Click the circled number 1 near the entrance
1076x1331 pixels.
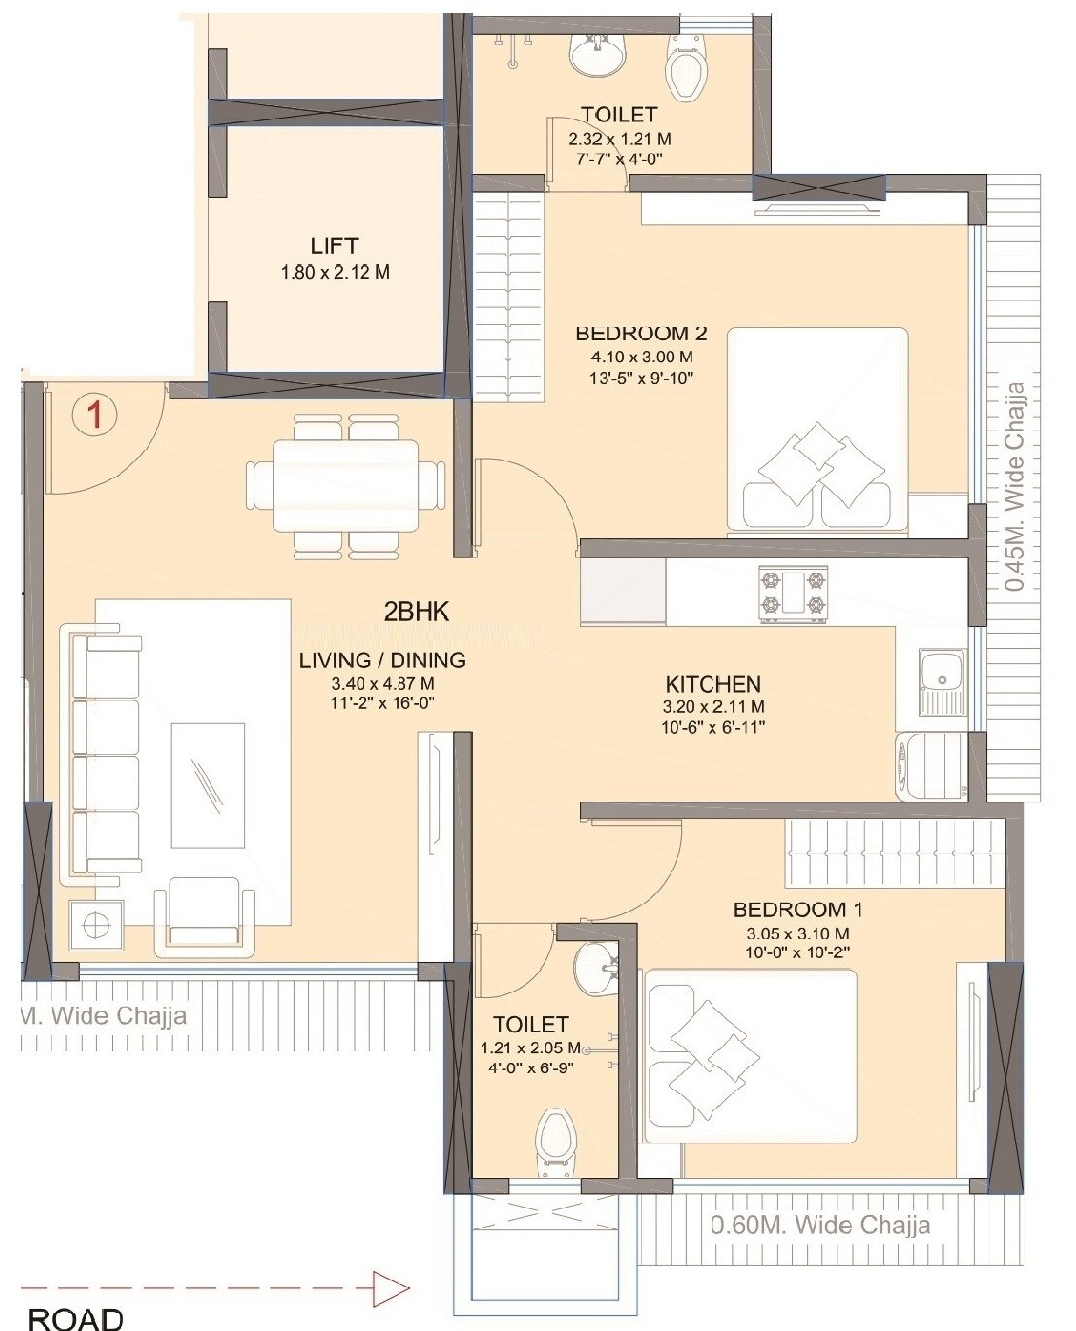(94, 415)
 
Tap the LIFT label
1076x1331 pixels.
(333, 246)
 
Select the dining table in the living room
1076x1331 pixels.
(347, 486)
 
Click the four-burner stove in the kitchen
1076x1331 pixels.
(793, 595)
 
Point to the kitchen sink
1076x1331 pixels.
(940, 671)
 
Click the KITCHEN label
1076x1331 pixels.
(712, 684)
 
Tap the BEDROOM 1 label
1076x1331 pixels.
(797, 910)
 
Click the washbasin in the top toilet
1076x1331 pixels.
(596, 52)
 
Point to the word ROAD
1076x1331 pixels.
(76, 1318)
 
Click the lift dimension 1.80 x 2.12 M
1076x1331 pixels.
(334, 273)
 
